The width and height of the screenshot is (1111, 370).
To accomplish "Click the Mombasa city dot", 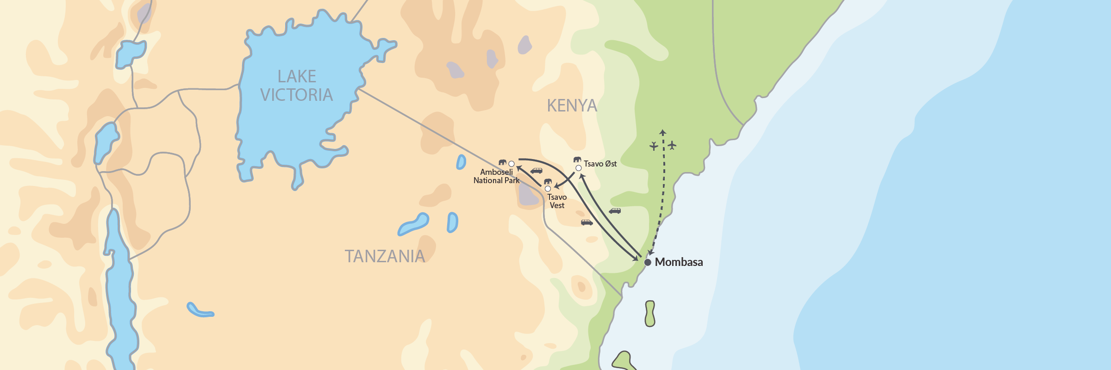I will tap(648, 262).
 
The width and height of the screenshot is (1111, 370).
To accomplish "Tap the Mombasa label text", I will tap(679, 262).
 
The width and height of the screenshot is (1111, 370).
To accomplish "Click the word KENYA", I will tap(572, 105).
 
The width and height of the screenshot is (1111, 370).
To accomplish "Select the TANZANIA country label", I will tap(385, 256).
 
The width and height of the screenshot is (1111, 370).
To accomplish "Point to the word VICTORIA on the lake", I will tap(296, 95).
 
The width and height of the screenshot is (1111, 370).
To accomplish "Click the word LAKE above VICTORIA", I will tap(297, 76).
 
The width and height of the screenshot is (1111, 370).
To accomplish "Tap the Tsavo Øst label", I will tap(600, 164).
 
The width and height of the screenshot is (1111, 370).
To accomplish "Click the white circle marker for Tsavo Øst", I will tap(579, 168).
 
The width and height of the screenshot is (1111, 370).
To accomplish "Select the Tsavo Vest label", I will tap(557, 201).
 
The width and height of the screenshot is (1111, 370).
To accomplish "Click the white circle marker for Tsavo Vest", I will tap(548, 189).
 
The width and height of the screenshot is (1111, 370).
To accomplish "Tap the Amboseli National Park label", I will tap(496, 176).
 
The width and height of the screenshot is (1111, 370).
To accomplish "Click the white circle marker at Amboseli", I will tap(512, 164).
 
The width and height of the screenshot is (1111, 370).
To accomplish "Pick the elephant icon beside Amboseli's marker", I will tap(502, 162).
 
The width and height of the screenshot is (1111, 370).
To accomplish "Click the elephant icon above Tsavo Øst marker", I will tap(577, 160).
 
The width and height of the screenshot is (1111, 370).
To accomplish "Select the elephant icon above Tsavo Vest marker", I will tap(548, 181).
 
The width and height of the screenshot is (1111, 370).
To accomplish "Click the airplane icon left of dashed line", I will tap(654, 146).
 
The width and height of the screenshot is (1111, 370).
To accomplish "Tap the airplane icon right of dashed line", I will tap(672, 145).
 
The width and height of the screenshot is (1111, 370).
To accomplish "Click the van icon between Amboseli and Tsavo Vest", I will tap(537, 171).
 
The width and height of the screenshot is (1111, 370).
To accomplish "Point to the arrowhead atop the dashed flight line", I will tap(663, 132).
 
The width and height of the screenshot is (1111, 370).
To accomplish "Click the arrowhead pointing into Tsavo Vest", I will tap(557, 186).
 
